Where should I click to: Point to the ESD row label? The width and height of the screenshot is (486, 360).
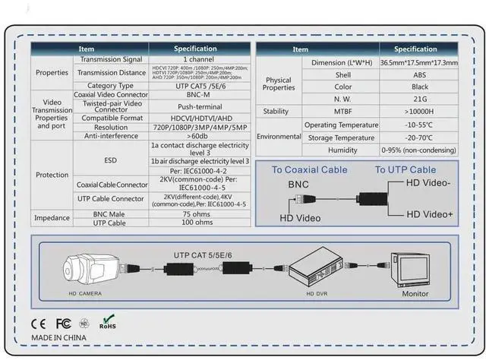[x=111, y=161]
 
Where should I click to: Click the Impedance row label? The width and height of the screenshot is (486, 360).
[x=52, y=219]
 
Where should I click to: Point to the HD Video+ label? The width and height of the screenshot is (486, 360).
[x=429, y=215]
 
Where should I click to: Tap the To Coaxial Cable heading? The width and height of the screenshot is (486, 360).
[x=308, y=170]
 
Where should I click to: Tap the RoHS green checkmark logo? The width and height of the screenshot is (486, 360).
[x=109, y=321]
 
